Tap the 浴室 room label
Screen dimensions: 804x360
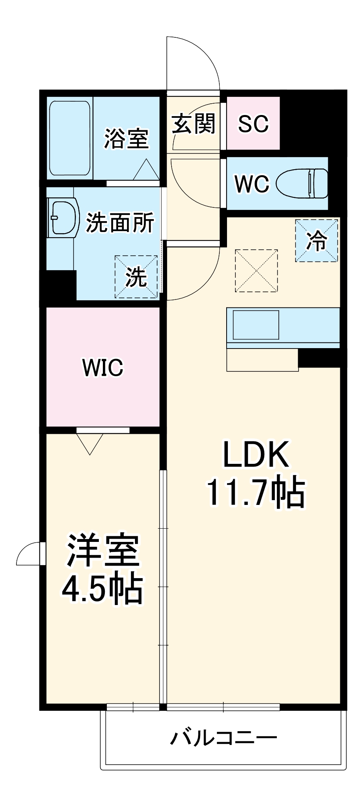tap(126, 139)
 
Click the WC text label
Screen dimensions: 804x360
tap(252, 184)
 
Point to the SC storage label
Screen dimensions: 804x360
tap(253, 123)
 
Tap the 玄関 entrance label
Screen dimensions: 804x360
tap(194, 123)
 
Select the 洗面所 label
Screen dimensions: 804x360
tap(120, 222)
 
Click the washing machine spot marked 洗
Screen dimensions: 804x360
tap(136, 277)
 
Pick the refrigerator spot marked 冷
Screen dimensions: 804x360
tap(317, 241)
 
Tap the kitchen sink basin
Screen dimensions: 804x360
tap(256, 325)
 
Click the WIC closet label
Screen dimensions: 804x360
tap(103, 367)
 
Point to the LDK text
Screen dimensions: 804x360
tap(256, 455)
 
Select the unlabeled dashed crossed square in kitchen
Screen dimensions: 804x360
tap(256, 271)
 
